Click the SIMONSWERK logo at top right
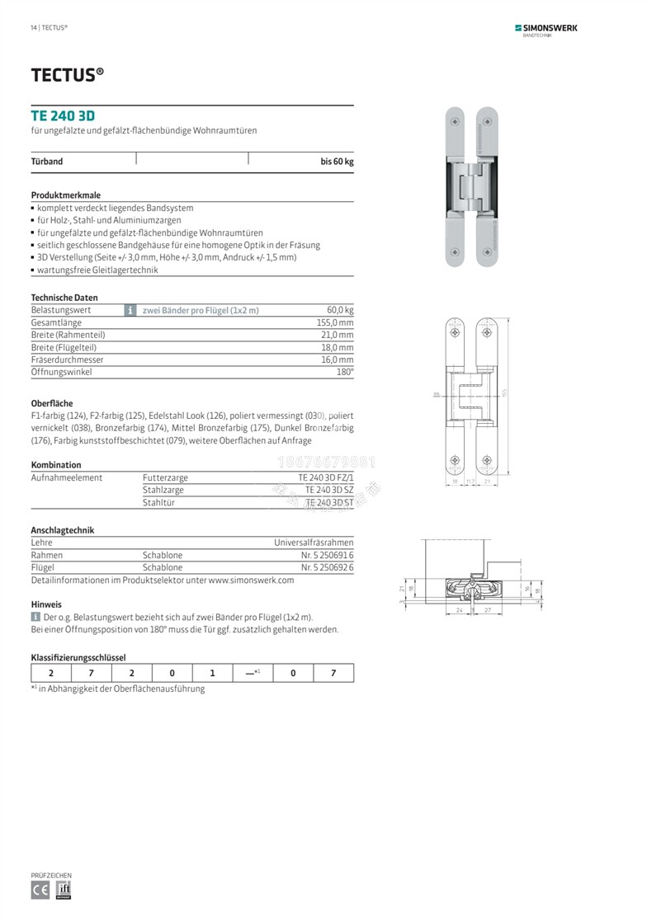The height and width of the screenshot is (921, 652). click(x=546, y=29)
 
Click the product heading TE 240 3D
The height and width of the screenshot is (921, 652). click(x=63, y=116)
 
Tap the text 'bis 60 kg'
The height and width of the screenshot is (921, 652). click(x=337, y=162)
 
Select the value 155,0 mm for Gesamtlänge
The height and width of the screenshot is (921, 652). click(x=335, y=322)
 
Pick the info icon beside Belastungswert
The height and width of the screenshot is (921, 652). click(x=130, y=310)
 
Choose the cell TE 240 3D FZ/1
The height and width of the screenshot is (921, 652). click(x=325, y=477)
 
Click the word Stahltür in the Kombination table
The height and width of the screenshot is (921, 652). click(x=159, y=502)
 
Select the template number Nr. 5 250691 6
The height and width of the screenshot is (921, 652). click(x=327, y=555)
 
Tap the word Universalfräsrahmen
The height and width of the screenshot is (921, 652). click(x=314, y=543)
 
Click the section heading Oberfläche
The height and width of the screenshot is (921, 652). click(x=52, y=403)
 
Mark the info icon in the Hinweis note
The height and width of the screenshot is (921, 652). click(x=35, y=617)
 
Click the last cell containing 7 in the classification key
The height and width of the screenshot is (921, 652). click(x=333, y=673)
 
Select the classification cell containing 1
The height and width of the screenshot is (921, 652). click(x=212, y=673)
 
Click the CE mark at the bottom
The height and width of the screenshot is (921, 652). click(x=40, y=890)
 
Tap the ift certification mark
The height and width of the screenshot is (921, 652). click(x=64, y=890)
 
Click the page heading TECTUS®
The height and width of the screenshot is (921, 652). click(x=68, y=75)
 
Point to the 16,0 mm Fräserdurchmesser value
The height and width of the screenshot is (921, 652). click(x=337, y=359)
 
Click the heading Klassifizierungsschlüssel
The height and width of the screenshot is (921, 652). click(x=78, y=657)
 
